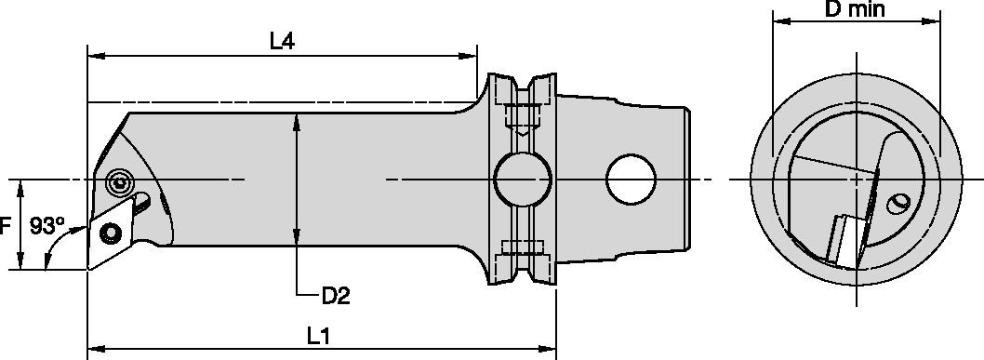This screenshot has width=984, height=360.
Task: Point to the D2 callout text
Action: [336, 295]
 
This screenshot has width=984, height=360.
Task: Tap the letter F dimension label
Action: [7, 225]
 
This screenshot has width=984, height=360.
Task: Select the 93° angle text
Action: [47, 226]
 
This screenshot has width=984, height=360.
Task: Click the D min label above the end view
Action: [855, 10]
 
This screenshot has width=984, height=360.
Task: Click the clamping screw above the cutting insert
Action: [118, 182]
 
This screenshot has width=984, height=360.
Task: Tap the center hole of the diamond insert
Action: [111, 231]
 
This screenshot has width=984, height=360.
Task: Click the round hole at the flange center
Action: [520, 179]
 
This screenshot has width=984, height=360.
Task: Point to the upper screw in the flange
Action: [520, 118]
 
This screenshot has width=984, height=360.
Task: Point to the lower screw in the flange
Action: [520, 247]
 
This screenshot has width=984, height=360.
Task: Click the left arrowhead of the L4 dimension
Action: [93, 56]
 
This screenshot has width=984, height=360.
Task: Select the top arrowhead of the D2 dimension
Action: [296, 120]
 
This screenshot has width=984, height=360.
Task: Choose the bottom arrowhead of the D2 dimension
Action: [296, 240]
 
